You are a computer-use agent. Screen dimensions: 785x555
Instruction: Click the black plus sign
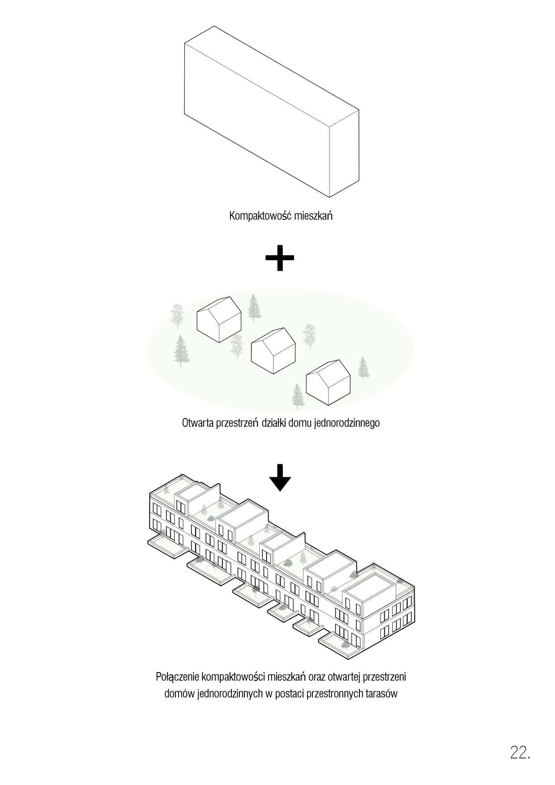280,257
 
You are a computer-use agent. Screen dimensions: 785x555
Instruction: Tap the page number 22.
520,752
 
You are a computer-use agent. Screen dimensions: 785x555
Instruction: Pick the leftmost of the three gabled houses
219,319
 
